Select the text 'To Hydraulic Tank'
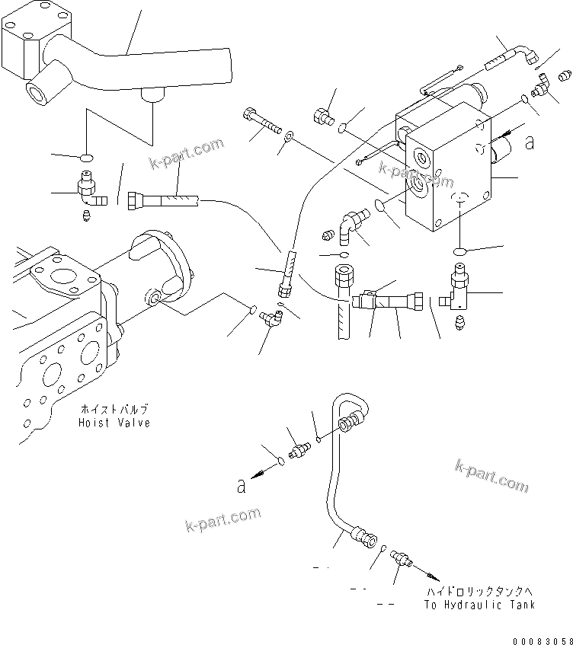(x=479, y=605)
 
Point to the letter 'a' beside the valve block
(x=530, y=140)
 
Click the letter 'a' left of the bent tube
(x=241, y=486)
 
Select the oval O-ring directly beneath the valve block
(x=460, y=252)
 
